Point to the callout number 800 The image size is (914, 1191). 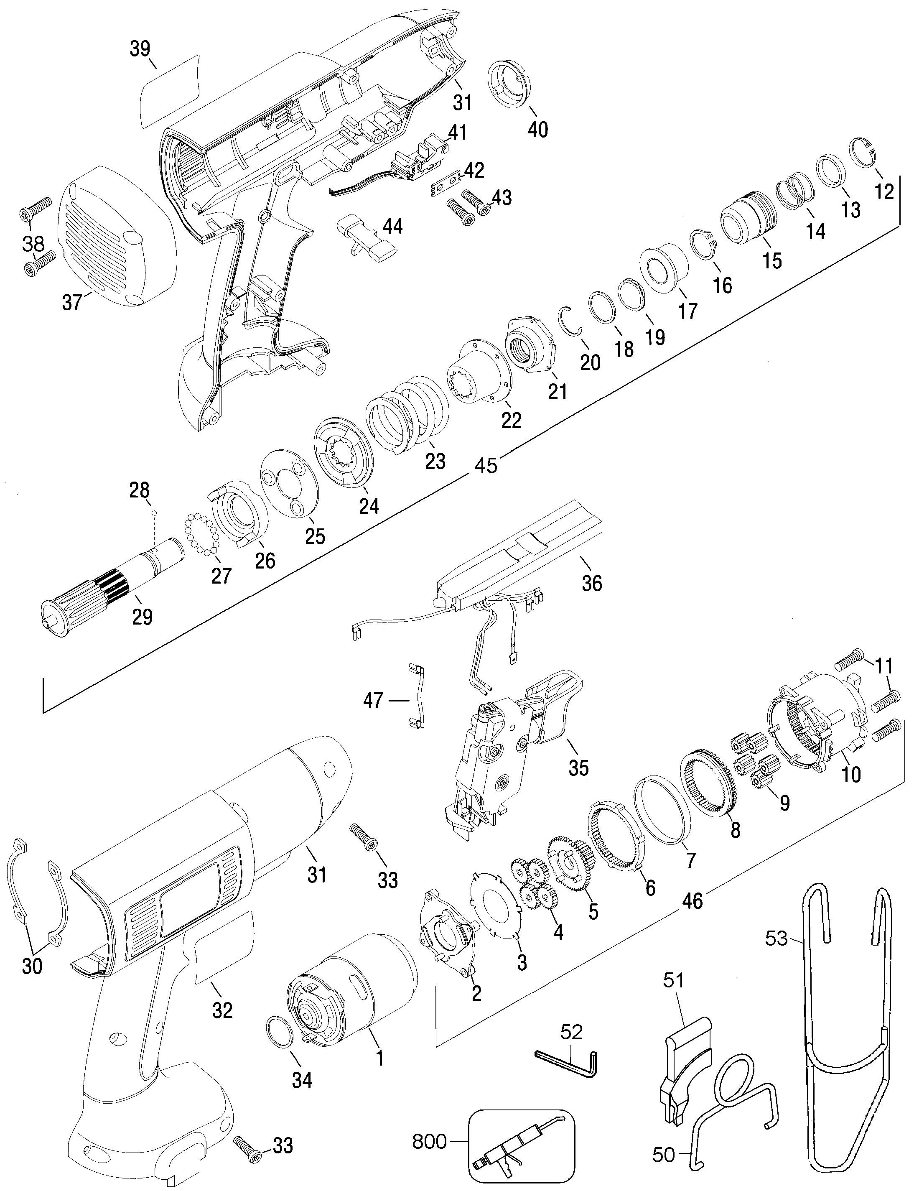tap(430, 1137)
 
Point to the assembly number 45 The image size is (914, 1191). tap(486, 466)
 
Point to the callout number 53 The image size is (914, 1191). tap(777, 938)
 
